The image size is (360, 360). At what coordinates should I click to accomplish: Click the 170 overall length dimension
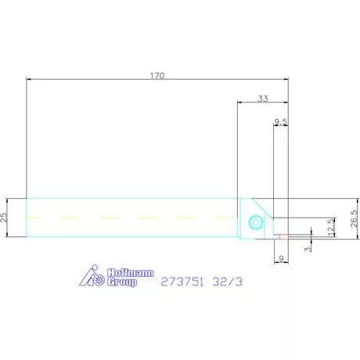[157, 76]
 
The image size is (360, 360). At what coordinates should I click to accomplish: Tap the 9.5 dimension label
[280, 121]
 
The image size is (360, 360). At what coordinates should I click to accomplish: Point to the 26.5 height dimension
[333, 216]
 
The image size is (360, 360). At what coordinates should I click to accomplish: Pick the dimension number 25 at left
[5, 216]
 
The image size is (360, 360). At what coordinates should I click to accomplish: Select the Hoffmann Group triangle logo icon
[93, 275]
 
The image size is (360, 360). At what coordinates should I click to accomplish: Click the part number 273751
[181, 280]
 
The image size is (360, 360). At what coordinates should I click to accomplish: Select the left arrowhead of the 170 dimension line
[29, 80]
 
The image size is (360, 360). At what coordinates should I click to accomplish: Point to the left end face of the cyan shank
[27, 217]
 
